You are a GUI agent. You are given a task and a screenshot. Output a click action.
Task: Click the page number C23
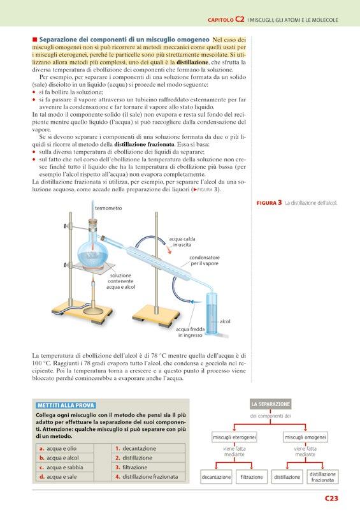tap(331, 498)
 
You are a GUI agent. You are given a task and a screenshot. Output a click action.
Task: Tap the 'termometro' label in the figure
tap(108, 208)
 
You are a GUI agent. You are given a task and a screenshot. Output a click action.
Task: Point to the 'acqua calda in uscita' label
tap(182, 242)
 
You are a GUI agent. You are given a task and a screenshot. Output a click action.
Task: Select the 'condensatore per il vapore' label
tap(205, 260)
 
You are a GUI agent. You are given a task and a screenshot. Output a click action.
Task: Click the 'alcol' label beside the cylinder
tap(225, 321)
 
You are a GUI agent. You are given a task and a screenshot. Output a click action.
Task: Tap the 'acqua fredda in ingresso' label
tap(191, 332)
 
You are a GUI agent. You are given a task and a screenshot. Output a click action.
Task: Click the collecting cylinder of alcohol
tap(211, 314)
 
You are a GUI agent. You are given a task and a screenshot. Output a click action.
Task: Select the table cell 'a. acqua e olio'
tap(64, 448)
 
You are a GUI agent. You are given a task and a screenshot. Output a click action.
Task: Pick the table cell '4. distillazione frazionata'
tap(148, 477)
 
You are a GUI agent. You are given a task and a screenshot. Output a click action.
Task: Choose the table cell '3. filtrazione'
tap(148, 467)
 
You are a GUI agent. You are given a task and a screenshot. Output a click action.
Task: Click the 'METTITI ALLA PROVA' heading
tap(66, 406)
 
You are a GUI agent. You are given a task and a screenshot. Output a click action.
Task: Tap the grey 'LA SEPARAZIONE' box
tap(271, 404)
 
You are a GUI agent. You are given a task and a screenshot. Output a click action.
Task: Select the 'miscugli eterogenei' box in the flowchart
tap(234, 437)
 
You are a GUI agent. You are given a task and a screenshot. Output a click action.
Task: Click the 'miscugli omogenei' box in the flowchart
tap(305, 437)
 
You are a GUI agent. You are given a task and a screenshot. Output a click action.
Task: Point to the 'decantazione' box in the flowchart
tap(216, 477)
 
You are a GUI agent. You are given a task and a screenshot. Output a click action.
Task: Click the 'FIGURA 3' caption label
tap(269, 203)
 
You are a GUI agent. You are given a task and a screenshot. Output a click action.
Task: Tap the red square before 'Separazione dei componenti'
tap(34, 40)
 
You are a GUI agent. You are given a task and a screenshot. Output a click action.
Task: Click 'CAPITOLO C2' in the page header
tap(226, 20)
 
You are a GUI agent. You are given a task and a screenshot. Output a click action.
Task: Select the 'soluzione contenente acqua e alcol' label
tap(121, 281)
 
